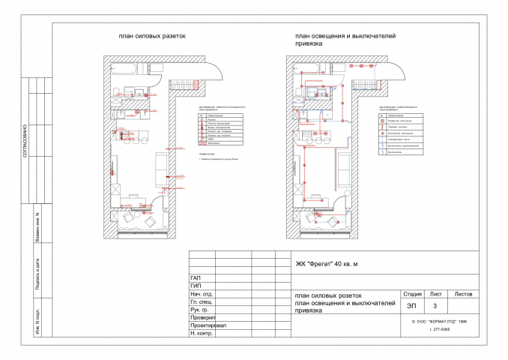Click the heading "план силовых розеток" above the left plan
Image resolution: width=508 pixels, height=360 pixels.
pos(151,35)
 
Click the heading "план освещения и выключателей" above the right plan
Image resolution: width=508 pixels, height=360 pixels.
pos(345,35)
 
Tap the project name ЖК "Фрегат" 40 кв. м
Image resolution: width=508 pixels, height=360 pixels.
pos(327,264)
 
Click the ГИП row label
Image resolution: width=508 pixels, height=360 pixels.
pos(197,286)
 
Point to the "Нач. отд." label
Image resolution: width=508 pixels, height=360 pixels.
pos(202,295)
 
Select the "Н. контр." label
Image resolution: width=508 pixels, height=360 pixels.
pos(202,334)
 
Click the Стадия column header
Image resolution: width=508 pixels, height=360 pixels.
pos(412,295)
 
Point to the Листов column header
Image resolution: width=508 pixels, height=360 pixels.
pos(463,295)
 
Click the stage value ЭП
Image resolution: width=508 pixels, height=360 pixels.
pos(411,306)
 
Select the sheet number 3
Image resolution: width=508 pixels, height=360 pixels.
pos(435,306)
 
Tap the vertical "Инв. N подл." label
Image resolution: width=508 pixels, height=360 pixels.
pos(37,322)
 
